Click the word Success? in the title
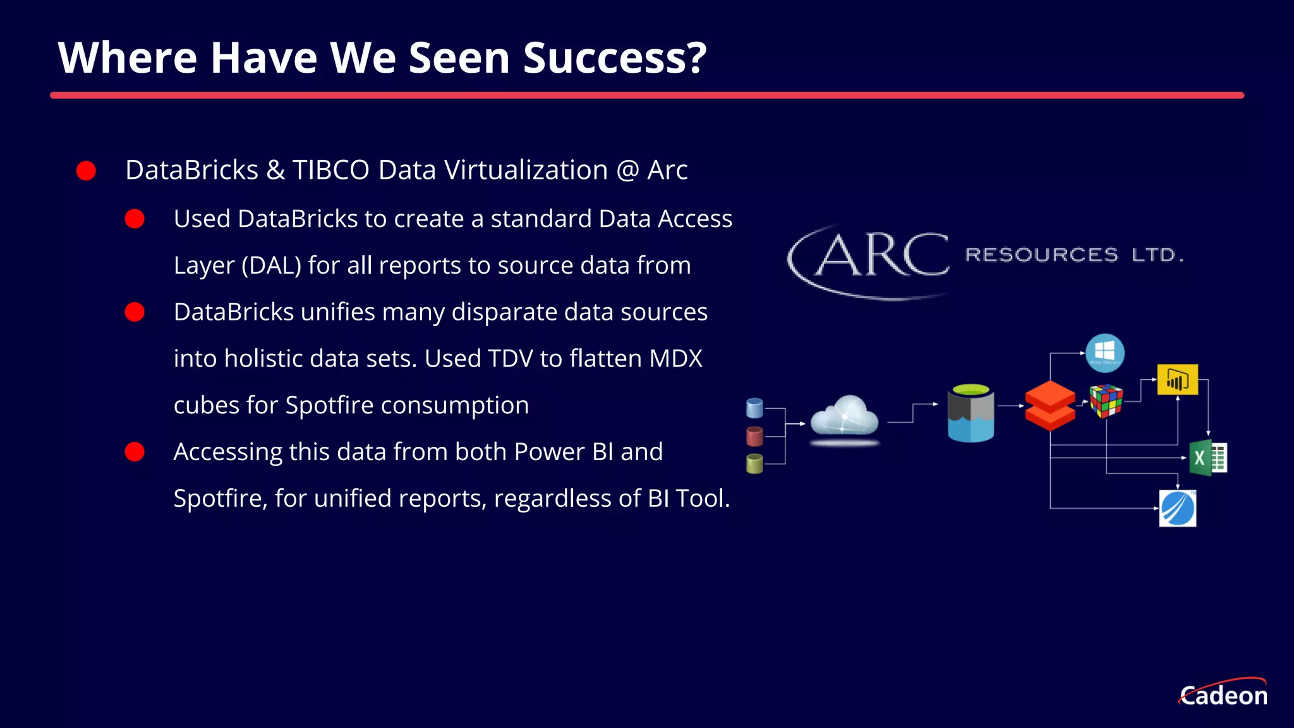(614, 58)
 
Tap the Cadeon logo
(1223, 694)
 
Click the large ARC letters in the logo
(881, 256)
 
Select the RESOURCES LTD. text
(1074, 255)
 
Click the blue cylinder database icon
(754, 408)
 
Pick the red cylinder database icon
(754, 436)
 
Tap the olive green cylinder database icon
(754, 464)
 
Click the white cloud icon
(845, 417)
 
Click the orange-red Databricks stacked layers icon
(1049, 406)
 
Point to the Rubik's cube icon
(1106, 401)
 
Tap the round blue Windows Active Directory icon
(1105, 353)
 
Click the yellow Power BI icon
(1177, 379)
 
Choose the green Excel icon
(1207, 458)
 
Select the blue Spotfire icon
(1178, 508)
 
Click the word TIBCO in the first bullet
(330, 170)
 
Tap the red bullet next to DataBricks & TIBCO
(86, 171)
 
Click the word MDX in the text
(675, 359)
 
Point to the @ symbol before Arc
(627, 170)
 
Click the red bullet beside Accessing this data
(135, 452)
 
